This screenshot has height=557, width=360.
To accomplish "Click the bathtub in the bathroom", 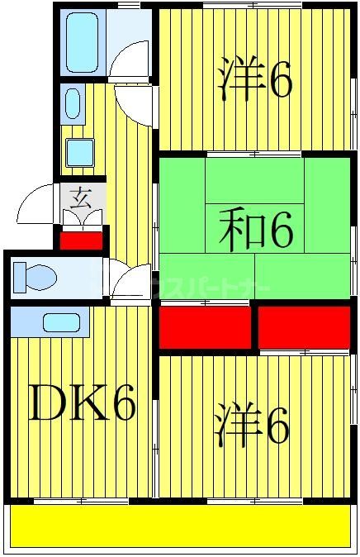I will [x=81, y=40].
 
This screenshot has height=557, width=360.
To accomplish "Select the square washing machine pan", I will [x=79, y=152].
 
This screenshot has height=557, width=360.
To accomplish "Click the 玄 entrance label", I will [x=81, y=198].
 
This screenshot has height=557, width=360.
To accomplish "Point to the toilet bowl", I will [x=32, y=277].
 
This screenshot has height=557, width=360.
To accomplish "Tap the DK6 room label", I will [x=82, y=405].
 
